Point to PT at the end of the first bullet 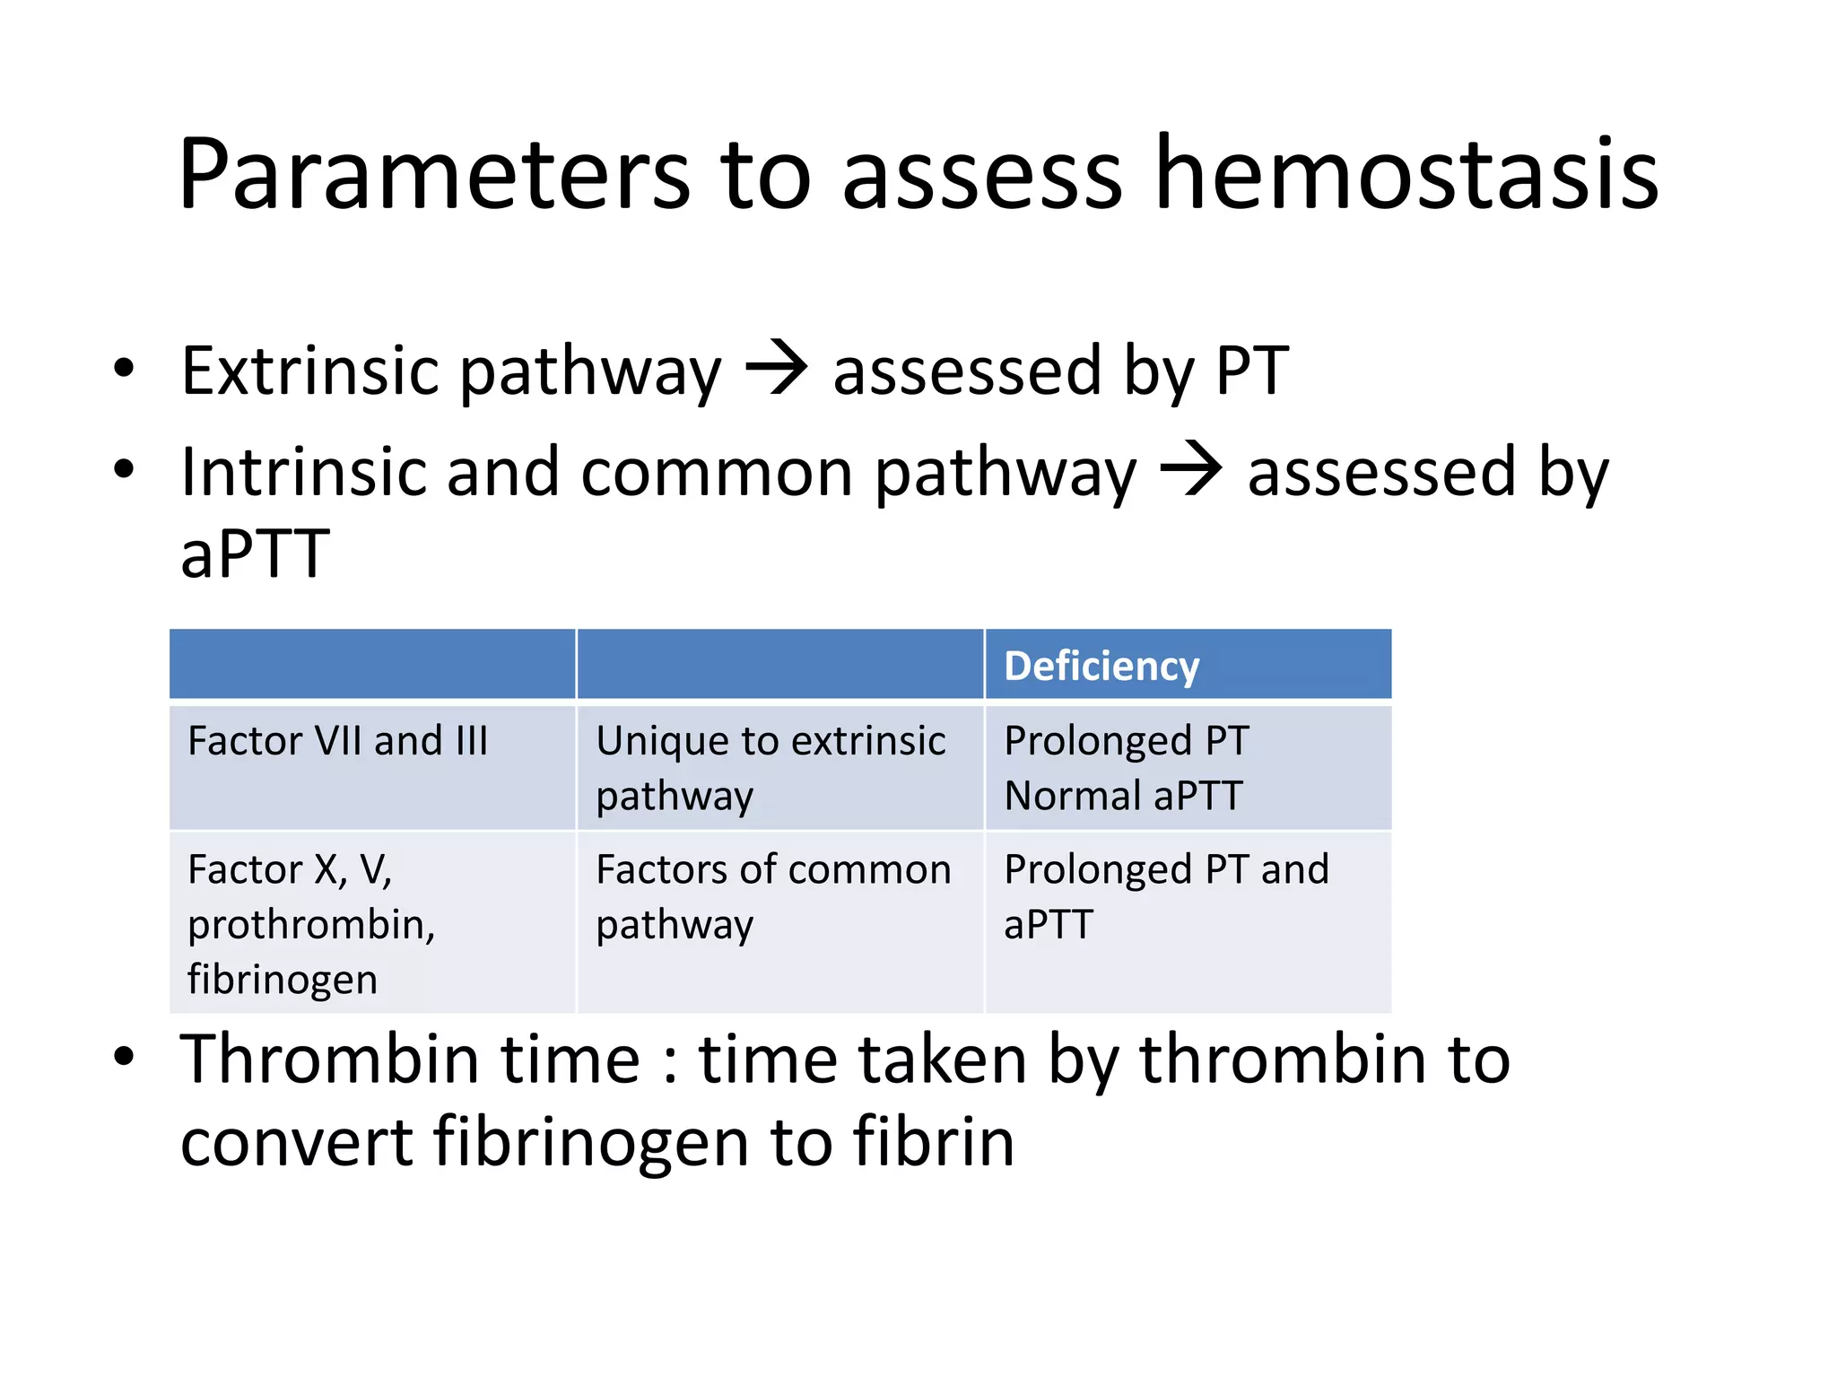pyautogui.click(x=1251, y=371)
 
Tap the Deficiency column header pyautogui.click(x=1101, y=667)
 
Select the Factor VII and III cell pyautogui.click(x=338, y=742)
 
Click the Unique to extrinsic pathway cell pyautogui.click(x=771, y=768)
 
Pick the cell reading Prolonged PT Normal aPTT pyautogui.click(x=1126, y=768)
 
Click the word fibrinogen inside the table pyautogui.click(x=283, y=979)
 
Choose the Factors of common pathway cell pyautogui.click(x=773, y=896)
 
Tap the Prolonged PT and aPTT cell pyautogui.click(x=1165, y=896)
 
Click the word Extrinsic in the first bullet pyautogui.click(x=309, y=371)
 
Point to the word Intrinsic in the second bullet pyautogui.click(x=302, y=472)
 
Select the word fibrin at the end pyautogui.click(x=933, y=1142)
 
